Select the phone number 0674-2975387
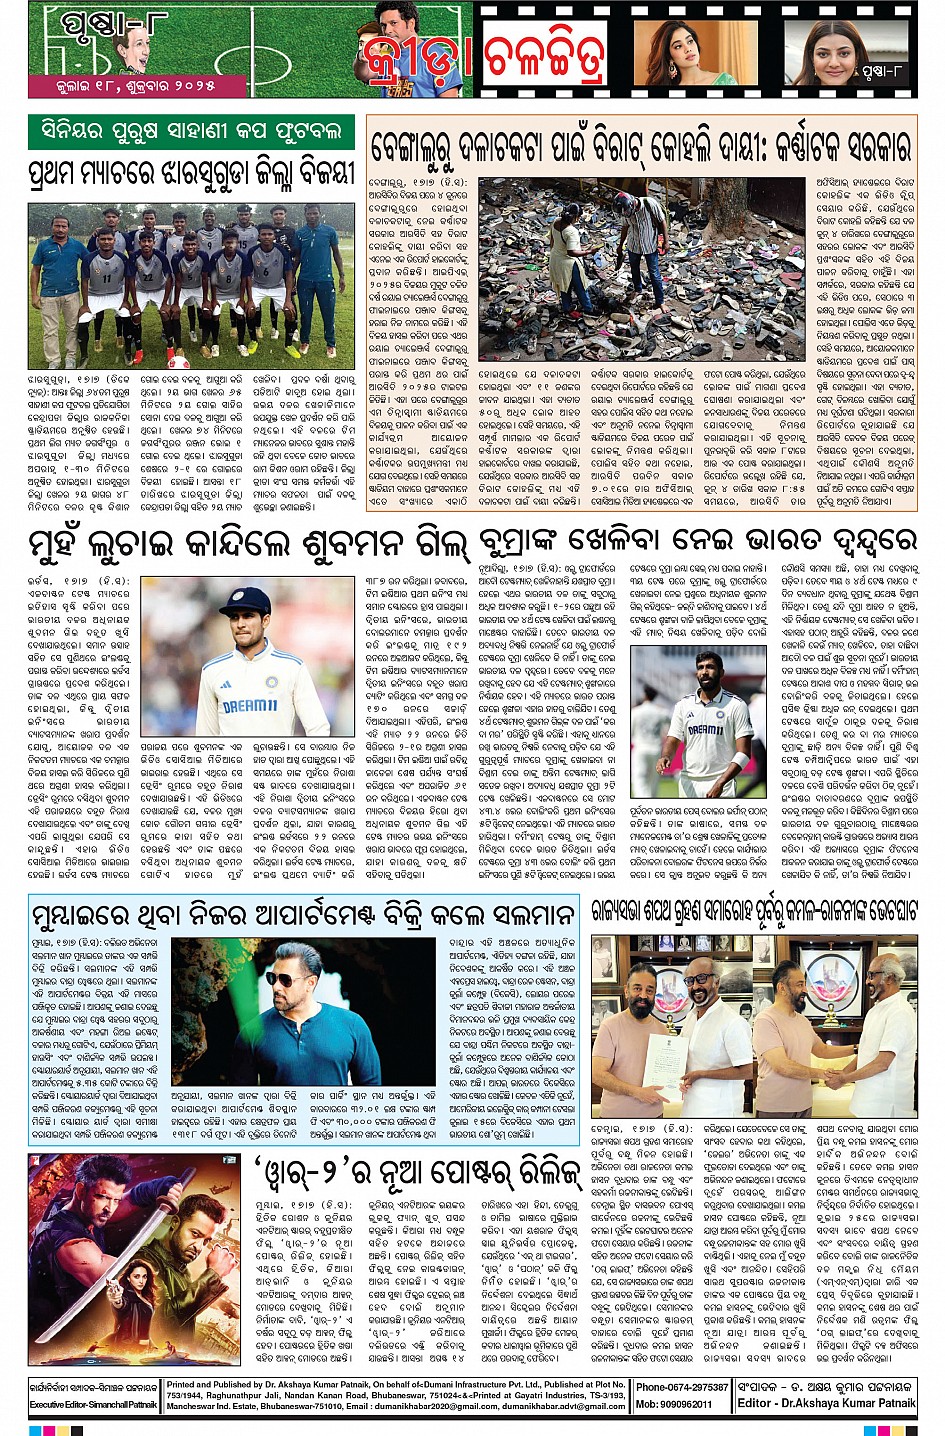pyautogui.click(x=682, y=1387)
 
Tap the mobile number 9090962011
pyautogui.click(x=682, y=1404)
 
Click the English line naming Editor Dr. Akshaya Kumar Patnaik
pyautogui.click(x=826, y=1404)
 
